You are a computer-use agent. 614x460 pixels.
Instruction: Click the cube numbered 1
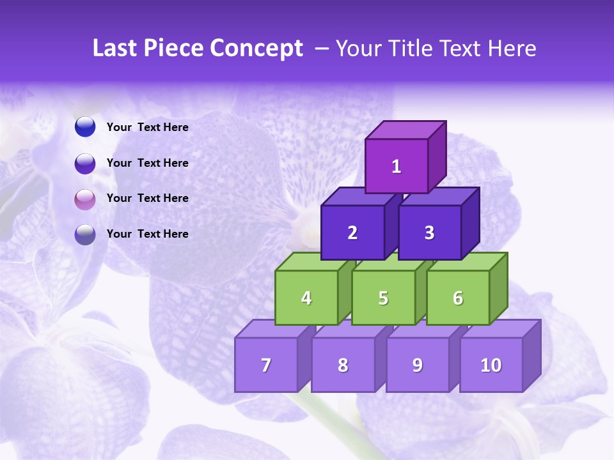pyautogui.click(x=397, y=166)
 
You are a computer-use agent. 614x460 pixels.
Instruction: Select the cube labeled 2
pyautogui.click(x=352, y=233)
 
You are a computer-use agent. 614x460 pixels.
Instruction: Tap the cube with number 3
pyautogui.click(x=429, y=233)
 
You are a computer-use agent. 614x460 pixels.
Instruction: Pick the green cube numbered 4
pyautogui.click(x=306, y=298)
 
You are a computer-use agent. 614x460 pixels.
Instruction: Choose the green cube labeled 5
pyautogui.click(x=383, y=298)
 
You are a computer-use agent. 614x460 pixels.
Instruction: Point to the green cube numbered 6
pyautogui.click(x=458, y=298)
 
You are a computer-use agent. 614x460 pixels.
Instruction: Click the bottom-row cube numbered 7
pyautogui.click(x=266, y=365)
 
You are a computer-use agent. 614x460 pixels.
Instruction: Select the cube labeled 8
pyautogui.click(x=343, y=365)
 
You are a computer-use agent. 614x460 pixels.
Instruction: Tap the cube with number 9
pyautogui.click(x=418, y=365)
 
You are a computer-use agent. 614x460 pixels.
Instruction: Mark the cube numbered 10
pyautogui.click(x=491, y=365)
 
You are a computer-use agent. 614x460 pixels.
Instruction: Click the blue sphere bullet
pyautogui.click(x=85, y=127)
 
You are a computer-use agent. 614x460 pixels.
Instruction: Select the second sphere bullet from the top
pyautogui.click(x=85, y=163)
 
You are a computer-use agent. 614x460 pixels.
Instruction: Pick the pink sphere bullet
pyautogui.click(x=85, y=199)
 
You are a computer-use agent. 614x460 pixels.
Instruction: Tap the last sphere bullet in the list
pyautogui.click(x=85, y=234)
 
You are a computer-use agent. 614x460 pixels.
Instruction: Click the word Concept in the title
pyautogui.click(x=256, y=49)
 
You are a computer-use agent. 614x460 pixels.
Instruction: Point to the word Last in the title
pyautogui.click(x=115, y=49)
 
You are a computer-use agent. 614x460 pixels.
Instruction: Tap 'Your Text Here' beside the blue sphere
pyautogui.click(x=148, y=127)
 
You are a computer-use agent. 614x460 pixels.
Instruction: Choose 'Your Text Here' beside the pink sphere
pyautogui.click(x=148, y=198)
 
